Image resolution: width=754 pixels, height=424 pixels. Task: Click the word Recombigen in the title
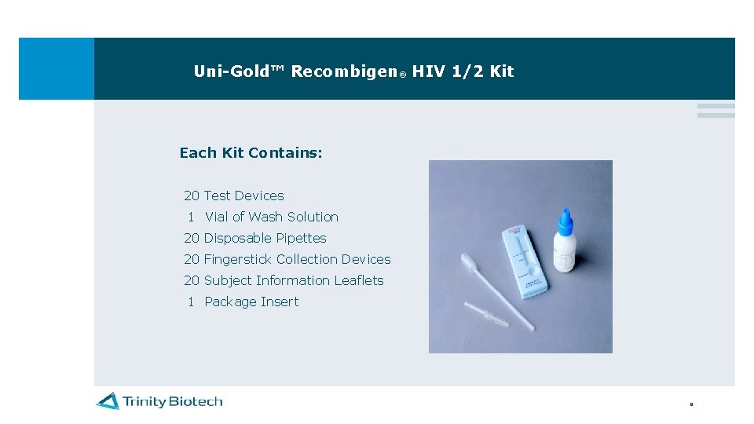pyautogui.click(x=344, y=71)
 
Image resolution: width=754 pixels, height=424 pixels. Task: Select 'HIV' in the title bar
pyautogui.click(x=429, y=71)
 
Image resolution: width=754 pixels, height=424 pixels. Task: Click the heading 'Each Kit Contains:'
pyautogui.click(x=251, y=153)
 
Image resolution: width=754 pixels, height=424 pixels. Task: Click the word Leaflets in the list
pyautogui.click(x=359, y=280)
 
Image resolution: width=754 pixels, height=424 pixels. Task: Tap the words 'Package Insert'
pyautogui.click(x=251, y=302)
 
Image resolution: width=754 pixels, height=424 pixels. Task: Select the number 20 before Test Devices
pyautogui.click(x=192, y=196)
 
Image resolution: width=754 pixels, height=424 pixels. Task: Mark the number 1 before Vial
pyautogui.click(x=191, y=217)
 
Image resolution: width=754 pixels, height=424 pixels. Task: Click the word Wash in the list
pyautogui.click(x=265, y=217)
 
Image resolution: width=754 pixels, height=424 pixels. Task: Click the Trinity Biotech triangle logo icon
pyautogui.click(x=108, y=401)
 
